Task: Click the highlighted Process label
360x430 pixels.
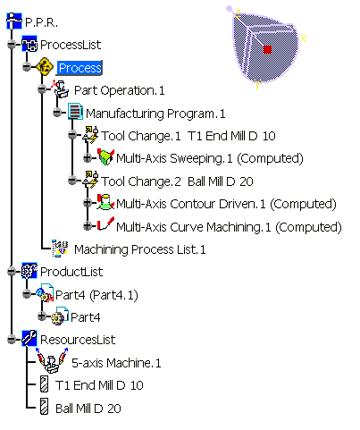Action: click(80, 68)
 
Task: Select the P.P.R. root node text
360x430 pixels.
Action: click(41, 22)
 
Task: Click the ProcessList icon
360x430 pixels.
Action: click(29, 44)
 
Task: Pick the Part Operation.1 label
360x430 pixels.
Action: click(119, 90)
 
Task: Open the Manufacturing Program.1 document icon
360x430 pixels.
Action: click(75, 112)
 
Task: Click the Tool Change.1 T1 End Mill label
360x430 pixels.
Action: click(188, 136)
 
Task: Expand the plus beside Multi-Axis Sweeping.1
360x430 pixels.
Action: click(88, 157)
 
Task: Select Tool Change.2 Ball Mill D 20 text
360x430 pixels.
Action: click(177, 181)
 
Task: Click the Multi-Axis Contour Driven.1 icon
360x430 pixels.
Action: click(105, 202)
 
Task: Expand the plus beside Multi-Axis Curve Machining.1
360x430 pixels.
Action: click(88, 225)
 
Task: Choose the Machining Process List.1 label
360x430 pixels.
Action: click(139, 249)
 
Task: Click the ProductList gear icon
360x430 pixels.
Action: click(29, 271)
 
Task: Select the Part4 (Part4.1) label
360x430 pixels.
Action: click(96, 295)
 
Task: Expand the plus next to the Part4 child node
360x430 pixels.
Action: click(42, 316)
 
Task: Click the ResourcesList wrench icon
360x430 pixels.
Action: click(29, 339)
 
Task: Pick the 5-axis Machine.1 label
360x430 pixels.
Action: click(116, 363)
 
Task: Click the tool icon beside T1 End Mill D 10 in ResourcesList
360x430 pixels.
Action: click(44, 384)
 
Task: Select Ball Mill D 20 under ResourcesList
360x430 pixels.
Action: click(88, 409)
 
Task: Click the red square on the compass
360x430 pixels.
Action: click(267, 49)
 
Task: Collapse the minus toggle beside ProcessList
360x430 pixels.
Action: click(12, 45)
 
